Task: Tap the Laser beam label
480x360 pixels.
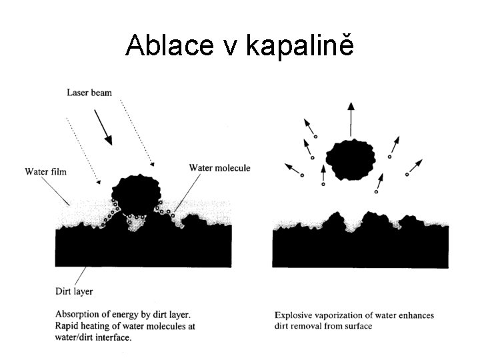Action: point(89,92)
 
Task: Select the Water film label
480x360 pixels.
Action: point(46,171)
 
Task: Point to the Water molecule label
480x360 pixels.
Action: point(219,168)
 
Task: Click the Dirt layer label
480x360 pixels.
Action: point(74,291)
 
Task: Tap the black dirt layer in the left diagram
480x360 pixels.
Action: point(143,247)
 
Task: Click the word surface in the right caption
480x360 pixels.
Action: point(359,326)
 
